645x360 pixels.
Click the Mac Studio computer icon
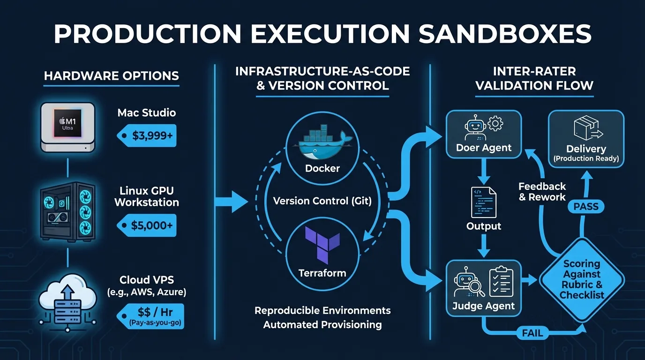(68, 127)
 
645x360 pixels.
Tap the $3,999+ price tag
(147, 135)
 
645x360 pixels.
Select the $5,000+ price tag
(147, 225)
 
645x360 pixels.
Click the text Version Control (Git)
(322, 201)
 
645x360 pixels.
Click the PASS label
(586, 206)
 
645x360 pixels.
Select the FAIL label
(532, 333)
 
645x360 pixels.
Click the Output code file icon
(484, 202)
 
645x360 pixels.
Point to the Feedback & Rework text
(542, 192)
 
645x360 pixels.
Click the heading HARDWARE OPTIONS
(112, 75)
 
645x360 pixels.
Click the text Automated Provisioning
(322, 324)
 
